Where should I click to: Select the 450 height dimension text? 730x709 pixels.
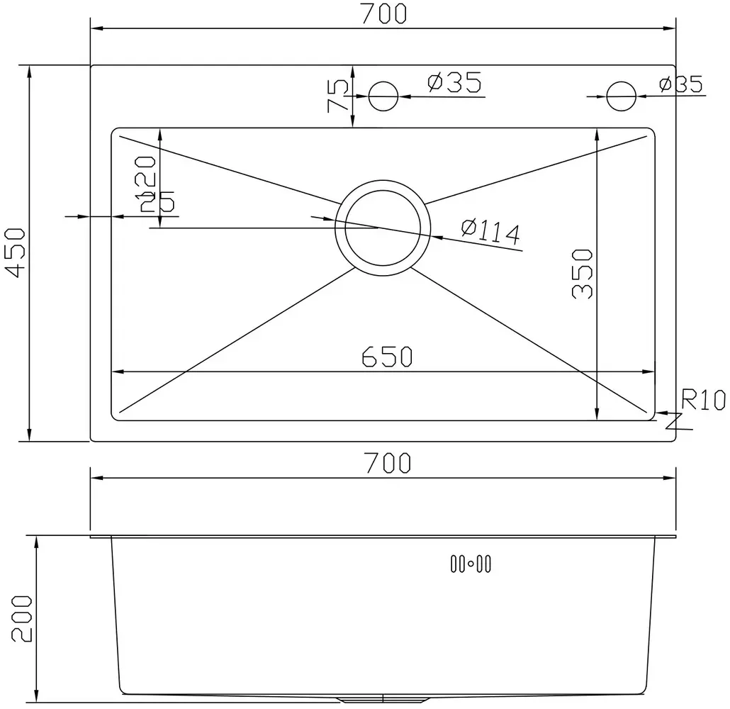pos(16,252)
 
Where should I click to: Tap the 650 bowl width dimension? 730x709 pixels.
pos(386,357)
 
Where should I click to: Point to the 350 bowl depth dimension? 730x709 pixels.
pos(582,274)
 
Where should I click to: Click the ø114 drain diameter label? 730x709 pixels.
pos(490,232)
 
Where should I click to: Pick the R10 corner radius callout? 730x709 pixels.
pos(703,401)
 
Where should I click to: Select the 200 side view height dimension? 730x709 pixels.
pos(21,618)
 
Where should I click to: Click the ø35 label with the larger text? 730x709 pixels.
pos(454,83)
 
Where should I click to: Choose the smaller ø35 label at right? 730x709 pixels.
pos(680,85)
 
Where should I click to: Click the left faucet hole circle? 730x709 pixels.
pos(384,96)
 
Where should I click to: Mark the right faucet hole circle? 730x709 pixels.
pos(622,96)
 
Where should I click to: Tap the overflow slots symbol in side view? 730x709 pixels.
pos(471,564)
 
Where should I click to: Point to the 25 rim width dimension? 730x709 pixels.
pos(157,203)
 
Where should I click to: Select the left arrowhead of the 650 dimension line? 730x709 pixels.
pos(119,372)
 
